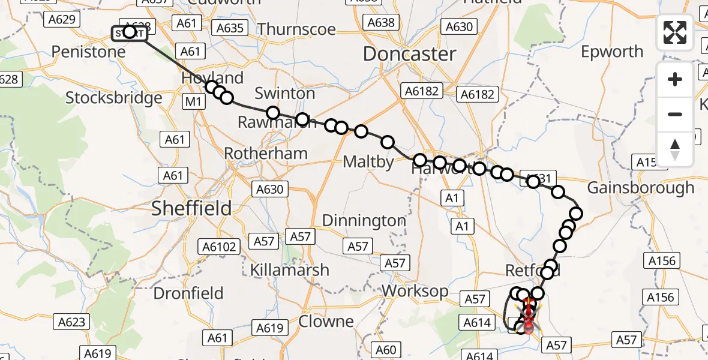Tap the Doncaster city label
[x=410, y=54]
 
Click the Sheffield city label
[x=191, y=208]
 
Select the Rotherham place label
[x=266, y=153]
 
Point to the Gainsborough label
[x=640, y=188]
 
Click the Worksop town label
[x=415, y=291]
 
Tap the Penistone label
[x=89, y=52]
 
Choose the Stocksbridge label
[x=114, y=98]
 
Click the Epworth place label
[x=612, y=52]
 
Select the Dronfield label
[x=188, y=293]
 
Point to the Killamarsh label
[x=291, y=269]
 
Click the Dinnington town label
[x=364, y=221]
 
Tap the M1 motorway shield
[x=193, y=102]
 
